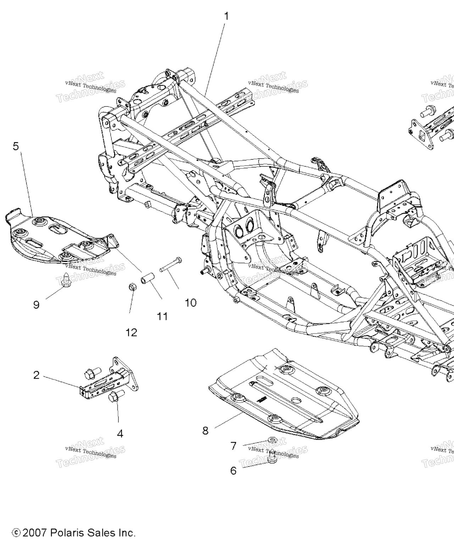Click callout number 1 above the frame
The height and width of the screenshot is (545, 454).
(226, 16)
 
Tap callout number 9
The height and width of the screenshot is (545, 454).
(36, 304)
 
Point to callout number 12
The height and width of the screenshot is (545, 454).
(131, 332)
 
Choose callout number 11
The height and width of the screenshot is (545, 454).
(162, 316)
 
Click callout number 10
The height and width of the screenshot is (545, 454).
(190, 302)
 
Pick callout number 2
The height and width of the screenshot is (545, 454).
(36, 375)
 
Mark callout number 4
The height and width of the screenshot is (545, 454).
(120, 433)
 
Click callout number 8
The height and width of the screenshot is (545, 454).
(205, 430)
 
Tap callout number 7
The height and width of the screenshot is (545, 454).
(233, 446)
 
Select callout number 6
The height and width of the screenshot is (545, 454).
(233, 470)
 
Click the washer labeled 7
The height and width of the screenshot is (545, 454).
(271, 441)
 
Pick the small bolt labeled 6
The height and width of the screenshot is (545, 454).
(272, 458)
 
